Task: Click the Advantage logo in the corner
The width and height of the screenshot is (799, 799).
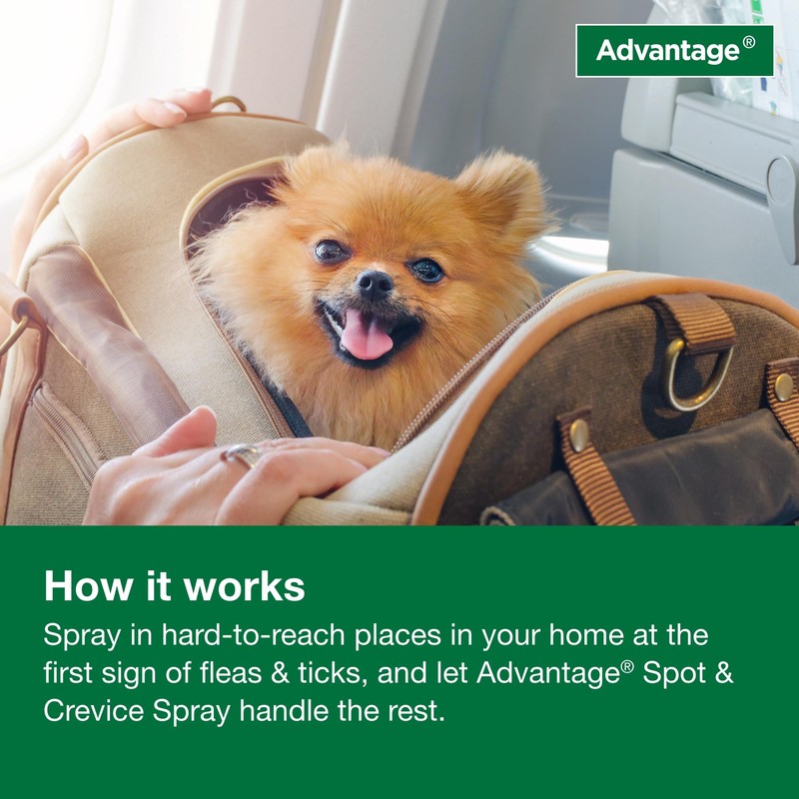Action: click(674, 50)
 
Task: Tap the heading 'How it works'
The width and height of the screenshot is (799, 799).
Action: click(174, 586)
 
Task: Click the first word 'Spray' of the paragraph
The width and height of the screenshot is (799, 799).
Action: click(80, 636)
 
